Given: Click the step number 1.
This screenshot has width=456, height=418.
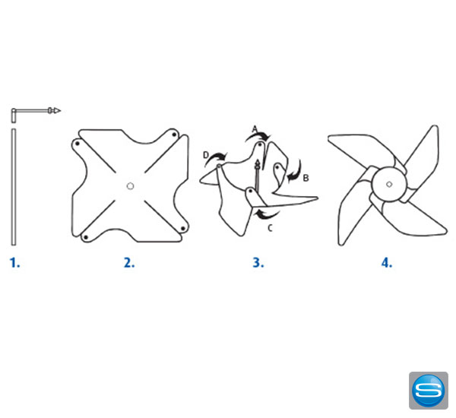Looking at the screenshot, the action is [x=14, y=263].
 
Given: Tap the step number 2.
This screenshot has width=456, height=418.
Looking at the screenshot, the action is [x=129, y=263].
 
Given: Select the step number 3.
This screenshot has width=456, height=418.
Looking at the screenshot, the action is [x=258, y=263].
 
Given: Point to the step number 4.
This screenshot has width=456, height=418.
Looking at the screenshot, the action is [x=387, y=263].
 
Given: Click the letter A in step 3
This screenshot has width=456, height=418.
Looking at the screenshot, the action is [x=255, y=129].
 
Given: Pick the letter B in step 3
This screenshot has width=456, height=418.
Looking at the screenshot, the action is [x=306, y=178].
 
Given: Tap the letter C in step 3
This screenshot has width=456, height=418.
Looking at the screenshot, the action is [x=270, y=228].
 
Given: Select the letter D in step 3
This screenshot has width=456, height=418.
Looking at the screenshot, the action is [x=206, y=155].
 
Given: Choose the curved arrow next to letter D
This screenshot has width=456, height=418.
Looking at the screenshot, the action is [x=216, y=157].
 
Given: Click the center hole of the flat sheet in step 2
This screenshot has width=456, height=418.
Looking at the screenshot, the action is [x=130, y=186].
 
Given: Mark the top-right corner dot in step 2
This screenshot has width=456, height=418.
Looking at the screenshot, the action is [x=174, y=135].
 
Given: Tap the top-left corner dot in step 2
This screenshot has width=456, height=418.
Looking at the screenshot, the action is [x=78, y=144].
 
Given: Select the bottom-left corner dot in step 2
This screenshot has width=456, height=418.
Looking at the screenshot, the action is [x=86, y=238].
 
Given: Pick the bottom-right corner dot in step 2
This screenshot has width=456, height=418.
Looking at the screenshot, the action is [x=183, y=229].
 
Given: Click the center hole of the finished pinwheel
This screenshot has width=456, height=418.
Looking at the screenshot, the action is [x=389, y=184].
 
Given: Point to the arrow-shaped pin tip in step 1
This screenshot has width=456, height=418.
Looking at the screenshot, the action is [x=57, y=110].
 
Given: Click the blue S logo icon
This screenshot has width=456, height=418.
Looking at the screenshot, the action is [x=429, y=391].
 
